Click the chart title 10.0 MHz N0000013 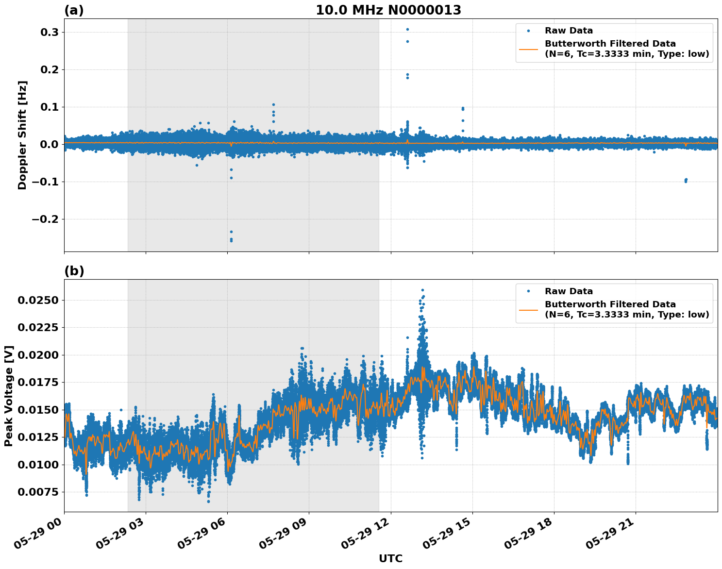[x=388, y=10]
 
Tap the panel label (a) [x=74, y=10]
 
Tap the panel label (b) [x=74, y=271]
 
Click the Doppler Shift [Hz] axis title [x=22, y=135]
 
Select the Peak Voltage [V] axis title [x=9, y=396]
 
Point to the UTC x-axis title [x=390, y=558]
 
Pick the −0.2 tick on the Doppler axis [x=45, y=219]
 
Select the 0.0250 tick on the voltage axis [x=38, y=300]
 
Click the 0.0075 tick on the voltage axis [x=38, y=492]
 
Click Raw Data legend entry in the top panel [x=569, y=31]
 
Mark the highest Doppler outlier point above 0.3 [x=407, y=29]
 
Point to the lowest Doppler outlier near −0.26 [x=231, y=241]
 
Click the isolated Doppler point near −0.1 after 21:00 [x=686, y=181]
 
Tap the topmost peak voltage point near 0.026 [x=422, y=290]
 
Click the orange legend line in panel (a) [x=528, y=49]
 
